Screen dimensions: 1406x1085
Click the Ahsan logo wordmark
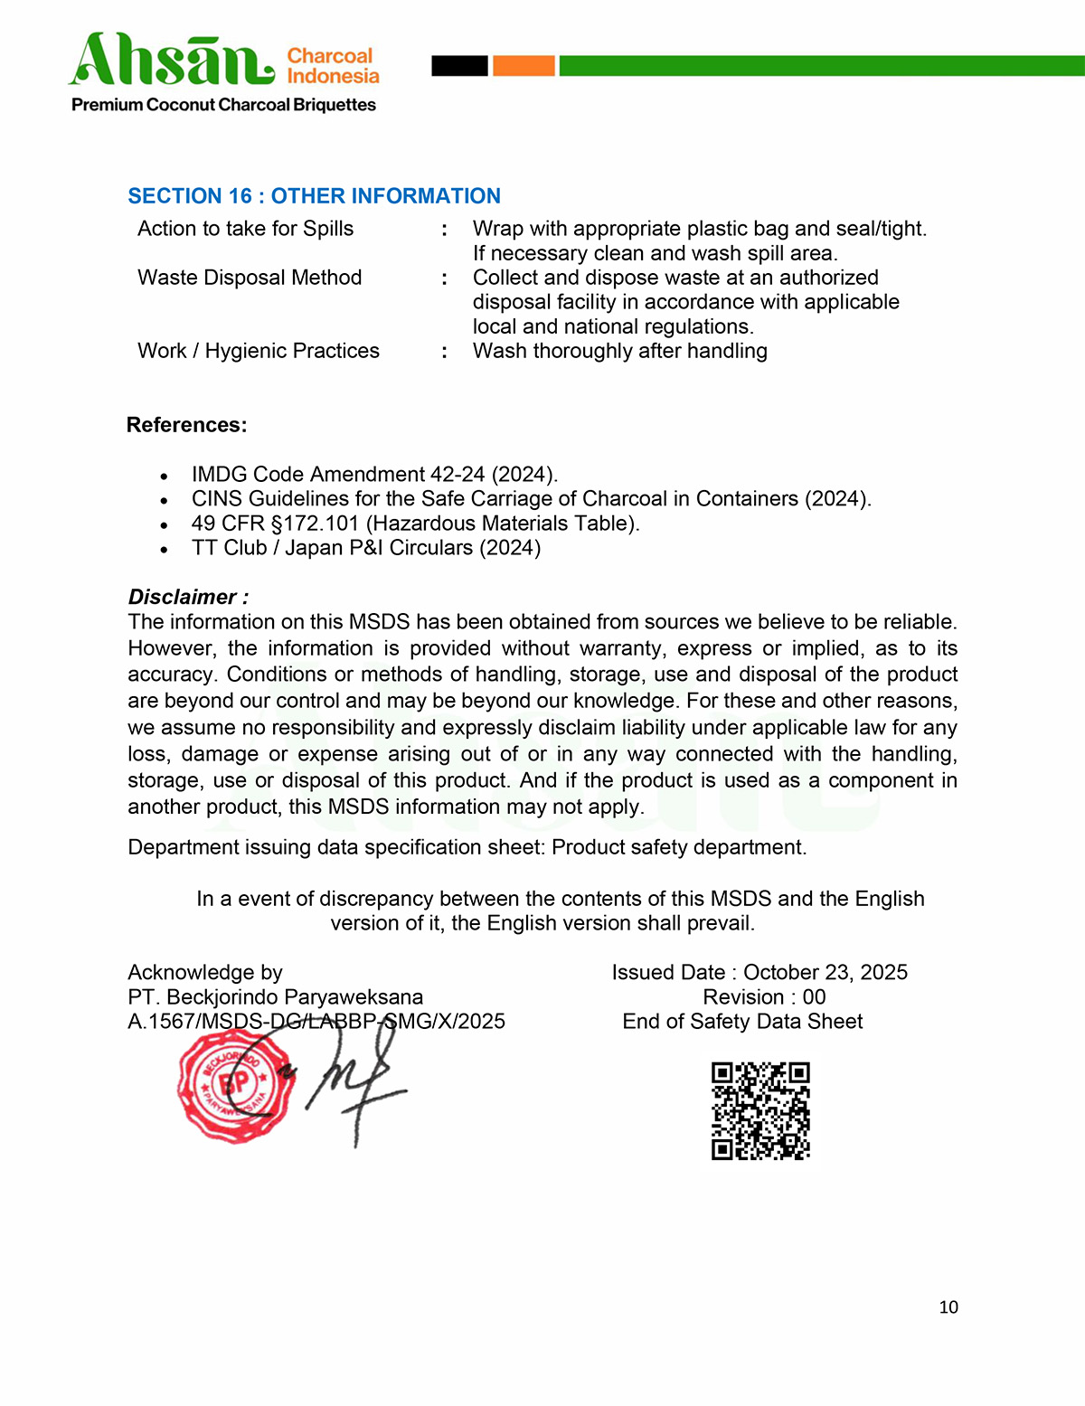tap(172, 61)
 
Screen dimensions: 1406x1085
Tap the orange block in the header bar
tap(524, 66)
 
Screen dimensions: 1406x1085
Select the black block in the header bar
tap(459, 66)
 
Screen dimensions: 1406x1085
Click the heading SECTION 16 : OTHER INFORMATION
tap(314, 196)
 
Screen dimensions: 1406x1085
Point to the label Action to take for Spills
tap(245, 229)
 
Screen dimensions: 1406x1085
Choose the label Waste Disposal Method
tap(250, 278)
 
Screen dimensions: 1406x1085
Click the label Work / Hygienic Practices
tap(259, 351)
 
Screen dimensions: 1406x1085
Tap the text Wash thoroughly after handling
tap(619, 351)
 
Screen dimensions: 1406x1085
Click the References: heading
tap(186, 425)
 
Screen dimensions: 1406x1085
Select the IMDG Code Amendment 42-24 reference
tap(374, 475)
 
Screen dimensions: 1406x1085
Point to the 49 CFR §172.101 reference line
tap(415, 524)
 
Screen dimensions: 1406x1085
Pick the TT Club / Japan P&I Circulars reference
tap(366, 548)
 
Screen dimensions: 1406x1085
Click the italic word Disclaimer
tap(183, 597)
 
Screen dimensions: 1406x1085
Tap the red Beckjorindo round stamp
tap(235, 1085)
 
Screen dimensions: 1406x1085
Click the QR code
tap(760, 1110)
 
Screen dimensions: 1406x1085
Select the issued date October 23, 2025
tap(825, 973)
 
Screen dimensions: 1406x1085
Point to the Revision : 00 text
tap(764, 997)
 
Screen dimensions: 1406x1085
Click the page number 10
tap(948, 1307)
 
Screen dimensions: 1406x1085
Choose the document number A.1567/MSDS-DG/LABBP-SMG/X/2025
tap(316, 1022)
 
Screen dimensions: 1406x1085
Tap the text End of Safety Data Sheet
tap(742, 1022)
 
